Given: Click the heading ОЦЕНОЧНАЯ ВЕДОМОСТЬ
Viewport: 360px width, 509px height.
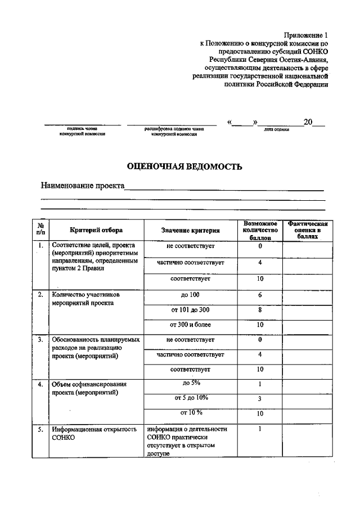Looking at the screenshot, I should (x=184, y=166).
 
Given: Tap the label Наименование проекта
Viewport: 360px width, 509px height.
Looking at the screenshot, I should (x=82, y=186).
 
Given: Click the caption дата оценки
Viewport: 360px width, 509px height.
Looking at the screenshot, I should (x=276, y=129).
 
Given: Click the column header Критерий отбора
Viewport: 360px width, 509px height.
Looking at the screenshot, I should (x=96, y=229).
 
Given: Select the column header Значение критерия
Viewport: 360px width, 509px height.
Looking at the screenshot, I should (x=190, y=230).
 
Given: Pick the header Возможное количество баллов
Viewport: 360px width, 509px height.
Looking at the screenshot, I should (x=260, y=231).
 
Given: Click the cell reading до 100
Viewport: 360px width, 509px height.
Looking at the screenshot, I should (x=190, y=295).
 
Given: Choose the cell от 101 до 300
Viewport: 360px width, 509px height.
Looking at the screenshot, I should (x=190, y=309).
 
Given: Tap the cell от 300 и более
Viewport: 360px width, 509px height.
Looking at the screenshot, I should (x=190, y=325).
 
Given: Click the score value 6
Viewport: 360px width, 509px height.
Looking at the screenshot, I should (x=260, y=295).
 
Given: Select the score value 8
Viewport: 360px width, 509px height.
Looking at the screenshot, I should (x=260, y=309).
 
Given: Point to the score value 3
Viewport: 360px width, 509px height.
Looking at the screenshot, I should (x=260, y=399).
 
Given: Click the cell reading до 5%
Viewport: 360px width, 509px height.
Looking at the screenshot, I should (x=191, y=383).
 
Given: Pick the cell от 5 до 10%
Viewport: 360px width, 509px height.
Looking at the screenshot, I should (x=191, y=398).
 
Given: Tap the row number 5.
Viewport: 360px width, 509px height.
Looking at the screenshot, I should (x=40, y=429).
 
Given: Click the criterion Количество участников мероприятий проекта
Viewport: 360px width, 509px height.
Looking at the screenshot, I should (x=85, y=298).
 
